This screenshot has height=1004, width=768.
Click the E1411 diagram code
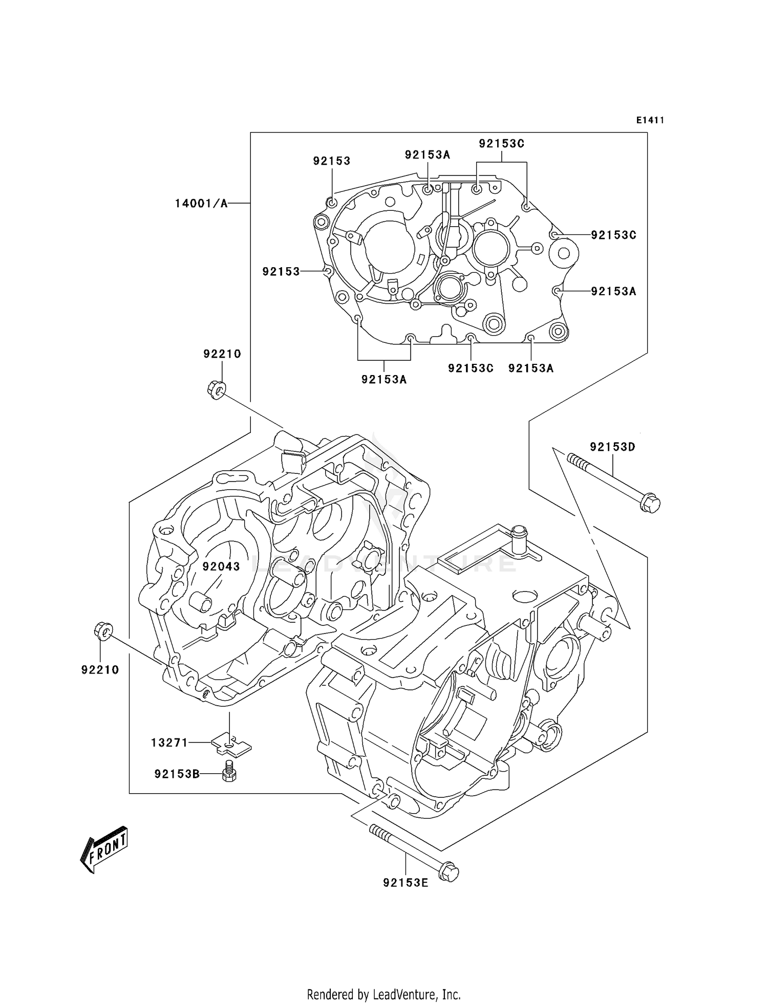tap(650, 120)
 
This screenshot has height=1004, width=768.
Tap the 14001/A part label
tap(201, 204)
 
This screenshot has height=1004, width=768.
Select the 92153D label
tap(612, 447)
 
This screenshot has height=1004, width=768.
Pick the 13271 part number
tap(169, 743)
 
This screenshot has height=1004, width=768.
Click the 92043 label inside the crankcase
tap(221, 566)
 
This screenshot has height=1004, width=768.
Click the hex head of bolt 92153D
tap(650, 503)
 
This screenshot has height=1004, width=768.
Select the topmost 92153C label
tap(501, 144)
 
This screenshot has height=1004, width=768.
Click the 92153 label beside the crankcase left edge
tap(281, 272)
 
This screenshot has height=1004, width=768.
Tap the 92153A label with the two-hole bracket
tap(384, 379)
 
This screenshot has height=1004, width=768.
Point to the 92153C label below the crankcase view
tap(471, 368)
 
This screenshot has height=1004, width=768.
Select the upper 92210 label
tap(222, 354)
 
